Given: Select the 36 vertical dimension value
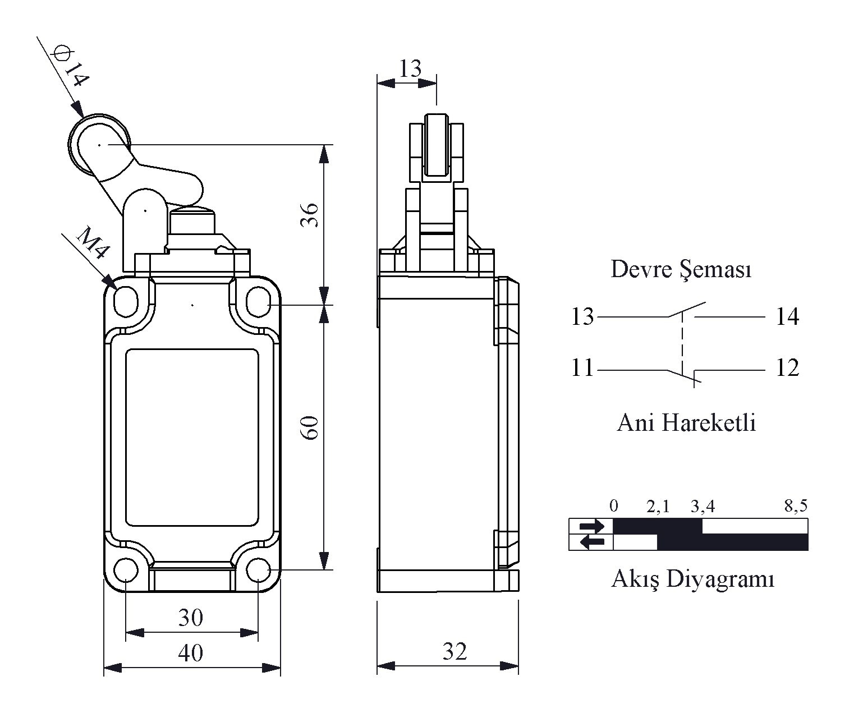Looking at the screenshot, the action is [310, 214].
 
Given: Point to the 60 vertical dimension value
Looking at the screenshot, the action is [310, 427].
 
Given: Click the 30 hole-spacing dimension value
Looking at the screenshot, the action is [191, 617].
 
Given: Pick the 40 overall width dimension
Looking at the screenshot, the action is [191, 652].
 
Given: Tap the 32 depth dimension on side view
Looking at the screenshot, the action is [455, 651].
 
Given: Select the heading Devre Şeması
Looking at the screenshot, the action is [681, 269].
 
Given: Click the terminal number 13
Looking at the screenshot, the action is [582, 316].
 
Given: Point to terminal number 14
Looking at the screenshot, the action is [788, 316].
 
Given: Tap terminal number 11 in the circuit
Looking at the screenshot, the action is [582, 368].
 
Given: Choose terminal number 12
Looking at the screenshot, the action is [788, 368].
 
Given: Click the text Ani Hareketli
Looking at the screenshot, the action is [686, 423].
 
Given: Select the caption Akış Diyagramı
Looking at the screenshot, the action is [692, 579].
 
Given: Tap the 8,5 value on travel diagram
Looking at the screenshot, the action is [796, 505].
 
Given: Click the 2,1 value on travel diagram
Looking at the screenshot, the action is [658, 506].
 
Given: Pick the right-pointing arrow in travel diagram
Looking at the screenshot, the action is [591, 526].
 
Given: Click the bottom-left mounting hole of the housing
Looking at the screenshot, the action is [126, 570].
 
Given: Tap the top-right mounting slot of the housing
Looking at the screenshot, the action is [258, 302].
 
